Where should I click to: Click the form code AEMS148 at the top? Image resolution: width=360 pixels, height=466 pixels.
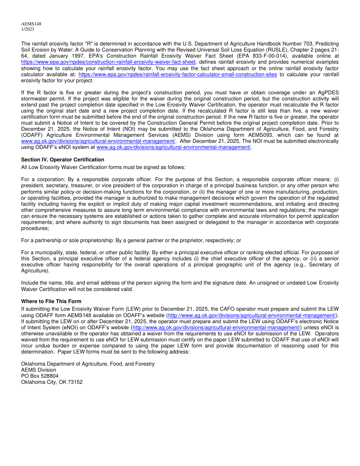(x=31, y=24)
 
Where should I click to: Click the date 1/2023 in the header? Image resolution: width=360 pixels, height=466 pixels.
(x=28, y=29)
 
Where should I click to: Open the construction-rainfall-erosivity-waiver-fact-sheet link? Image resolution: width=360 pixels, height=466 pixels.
(x=108, y=62)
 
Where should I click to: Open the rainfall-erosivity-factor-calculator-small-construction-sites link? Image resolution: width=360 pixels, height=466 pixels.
(x=178, y=74)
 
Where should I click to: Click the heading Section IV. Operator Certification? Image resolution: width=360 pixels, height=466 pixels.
(x=63, y=160)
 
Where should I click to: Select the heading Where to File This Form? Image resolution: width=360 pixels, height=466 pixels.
(x=51, y=301)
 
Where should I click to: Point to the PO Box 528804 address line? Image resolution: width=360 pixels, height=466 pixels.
(x=40, y=376)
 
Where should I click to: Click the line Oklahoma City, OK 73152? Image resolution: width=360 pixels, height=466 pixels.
(x=52, y=382)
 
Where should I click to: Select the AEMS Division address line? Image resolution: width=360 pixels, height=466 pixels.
(x=39, y=370)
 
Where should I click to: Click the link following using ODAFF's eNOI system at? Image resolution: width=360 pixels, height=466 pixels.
(x=174, y=147)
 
